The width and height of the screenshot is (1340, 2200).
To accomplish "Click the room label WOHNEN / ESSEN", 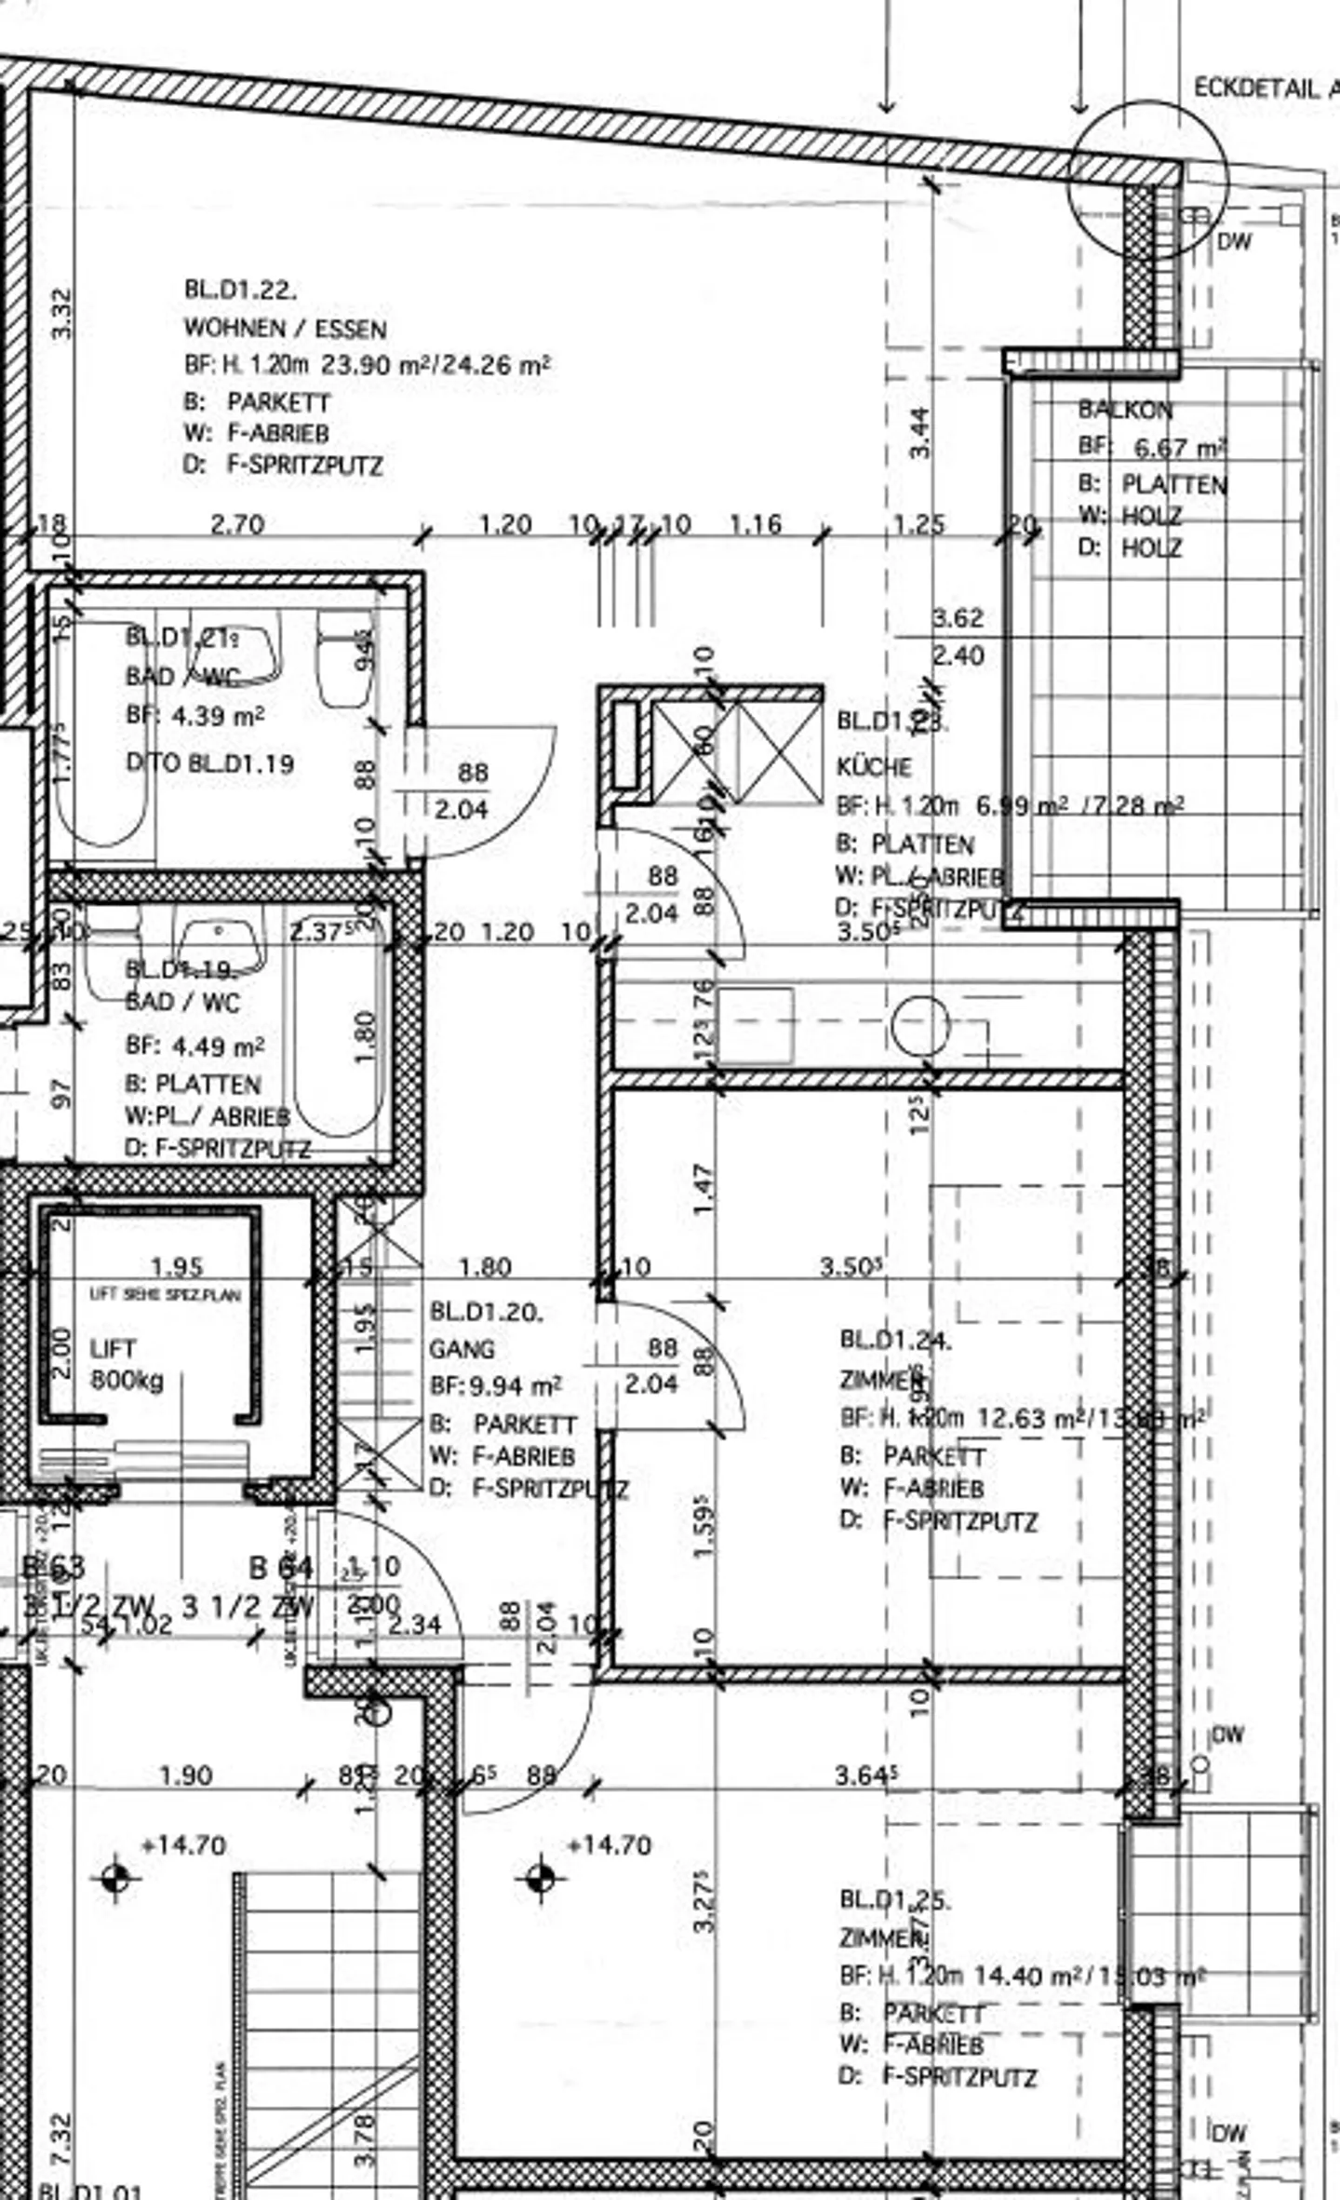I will click(x=285, y=329).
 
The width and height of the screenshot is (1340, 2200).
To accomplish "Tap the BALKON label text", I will click(x=1125, y=410).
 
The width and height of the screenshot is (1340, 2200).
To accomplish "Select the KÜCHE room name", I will click(x=874, y=767).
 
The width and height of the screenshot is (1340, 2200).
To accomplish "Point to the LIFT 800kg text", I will click(x=126, y=1365).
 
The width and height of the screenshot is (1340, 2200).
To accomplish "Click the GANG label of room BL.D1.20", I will click(x=462, y=1349).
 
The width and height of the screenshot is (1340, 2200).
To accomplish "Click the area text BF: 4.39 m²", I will click(x=194, y=716).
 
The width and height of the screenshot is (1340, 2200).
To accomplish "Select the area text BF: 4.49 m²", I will click(x=194, y=1046).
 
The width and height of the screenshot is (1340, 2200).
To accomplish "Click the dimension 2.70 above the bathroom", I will click(x=237, y=525).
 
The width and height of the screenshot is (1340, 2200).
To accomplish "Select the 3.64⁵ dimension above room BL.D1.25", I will click(x=865, y=1775).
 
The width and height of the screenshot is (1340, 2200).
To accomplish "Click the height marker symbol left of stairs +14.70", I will click(x=115, y=1878).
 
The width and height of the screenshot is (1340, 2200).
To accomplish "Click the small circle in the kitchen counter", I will click(x=919, y=1025).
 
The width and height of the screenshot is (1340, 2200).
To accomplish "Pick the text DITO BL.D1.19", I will click(x=210, y=764).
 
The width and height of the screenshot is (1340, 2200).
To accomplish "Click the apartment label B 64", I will click(x=281, y=1568).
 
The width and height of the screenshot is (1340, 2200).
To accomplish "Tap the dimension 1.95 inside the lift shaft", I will click(x=176, y=1266).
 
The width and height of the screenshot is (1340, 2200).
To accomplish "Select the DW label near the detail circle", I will click(x=1235, y=241).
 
